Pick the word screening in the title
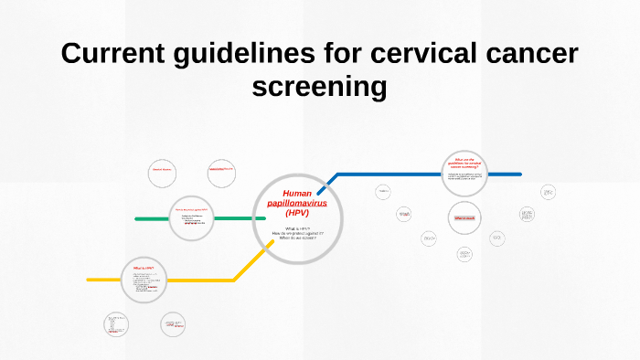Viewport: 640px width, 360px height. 319,88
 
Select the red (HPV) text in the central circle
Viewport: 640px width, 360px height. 297,213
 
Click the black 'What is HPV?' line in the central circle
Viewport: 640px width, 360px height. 297,228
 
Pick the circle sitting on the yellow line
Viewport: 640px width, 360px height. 144,279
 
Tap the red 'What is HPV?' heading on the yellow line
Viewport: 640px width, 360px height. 144,267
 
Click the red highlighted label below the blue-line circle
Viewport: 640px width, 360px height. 464,218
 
